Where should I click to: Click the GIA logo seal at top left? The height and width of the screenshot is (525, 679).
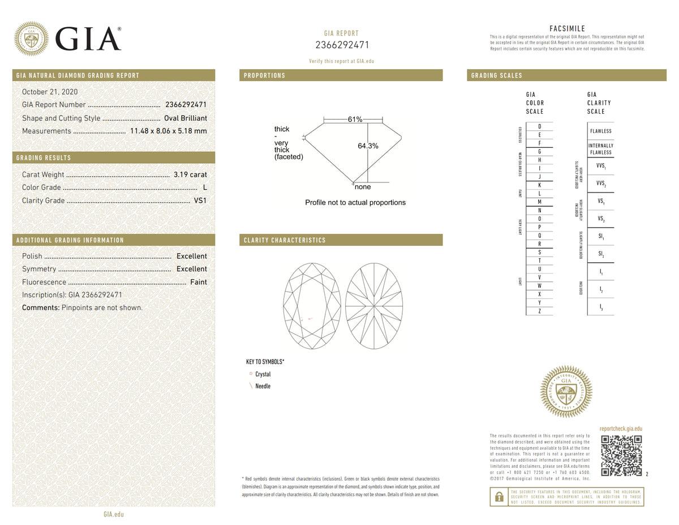(x=31, y=39)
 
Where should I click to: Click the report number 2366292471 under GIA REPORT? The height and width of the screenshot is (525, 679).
(x=342, y=45)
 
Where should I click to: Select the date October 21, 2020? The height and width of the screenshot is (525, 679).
(x=50, y=92)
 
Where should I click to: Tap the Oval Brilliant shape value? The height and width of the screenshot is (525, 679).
(x=185, y=118)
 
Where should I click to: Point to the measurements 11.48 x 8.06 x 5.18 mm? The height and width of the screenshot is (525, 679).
(x=168, y=131)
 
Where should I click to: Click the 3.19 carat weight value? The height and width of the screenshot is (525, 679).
(x=190, y=175)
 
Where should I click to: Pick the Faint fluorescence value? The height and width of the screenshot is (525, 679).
(x=198, y=282)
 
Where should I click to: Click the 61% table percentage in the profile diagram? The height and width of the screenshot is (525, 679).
(x=355, y=119)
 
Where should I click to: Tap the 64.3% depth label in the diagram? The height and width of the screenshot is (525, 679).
(x=368, y=146)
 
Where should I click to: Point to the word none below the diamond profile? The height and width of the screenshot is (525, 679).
(x=363, y=187)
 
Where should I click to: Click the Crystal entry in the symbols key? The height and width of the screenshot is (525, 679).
(x=263, y=374)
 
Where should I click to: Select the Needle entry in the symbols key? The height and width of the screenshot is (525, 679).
(x=263, y=386)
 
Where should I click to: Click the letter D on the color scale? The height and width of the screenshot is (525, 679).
(x=539, y=126)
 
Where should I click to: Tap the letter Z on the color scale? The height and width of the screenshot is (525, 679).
(x=539, y=311)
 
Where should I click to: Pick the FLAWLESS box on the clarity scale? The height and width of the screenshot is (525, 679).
(x=600, y=131)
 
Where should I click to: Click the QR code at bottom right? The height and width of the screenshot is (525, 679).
(x=621, y=455)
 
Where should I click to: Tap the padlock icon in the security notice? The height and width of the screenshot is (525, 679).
(x=498, y=497)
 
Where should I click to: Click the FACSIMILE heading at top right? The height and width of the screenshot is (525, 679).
(x=567, y=29)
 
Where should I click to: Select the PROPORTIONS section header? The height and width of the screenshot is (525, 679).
(x=264, y=75)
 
